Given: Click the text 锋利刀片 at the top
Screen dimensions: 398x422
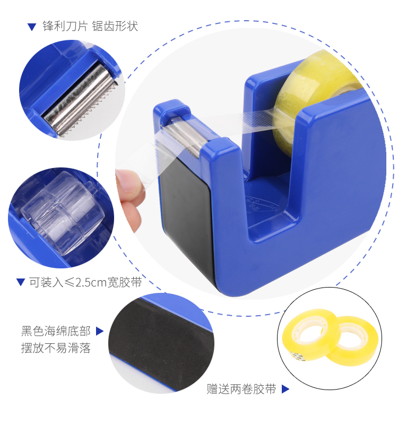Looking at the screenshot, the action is click(65, 27).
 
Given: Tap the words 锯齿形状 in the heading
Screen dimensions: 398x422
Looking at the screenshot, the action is click(115, 27).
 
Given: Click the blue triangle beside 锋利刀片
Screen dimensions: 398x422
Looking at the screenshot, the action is click(32, 27).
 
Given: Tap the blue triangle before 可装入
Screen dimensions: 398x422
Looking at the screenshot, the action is click(21, 282).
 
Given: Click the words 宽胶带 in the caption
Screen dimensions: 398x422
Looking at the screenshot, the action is click(125, 282).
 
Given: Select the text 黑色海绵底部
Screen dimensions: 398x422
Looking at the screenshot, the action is click(56, 331).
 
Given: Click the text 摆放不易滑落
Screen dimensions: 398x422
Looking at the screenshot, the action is click(56, 348).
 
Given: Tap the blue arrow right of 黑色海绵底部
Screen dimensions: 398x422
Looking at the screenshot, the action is click(99, 331).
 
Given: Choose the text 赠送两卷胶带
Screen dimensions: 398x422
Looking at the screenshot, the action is click(241, 389).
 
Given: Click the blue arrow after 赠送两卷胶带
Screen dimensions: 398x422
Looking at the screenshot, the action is click(285, 389).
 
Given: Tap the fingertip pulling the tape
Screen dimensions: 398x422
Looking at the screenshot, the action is click(129, 183).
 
